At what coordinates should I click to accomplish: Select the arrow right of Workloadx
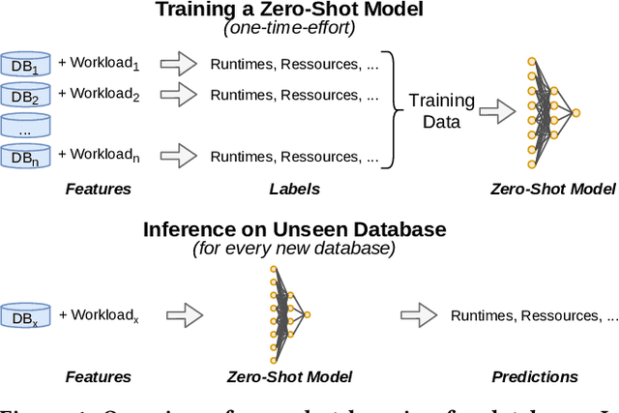point(183,315)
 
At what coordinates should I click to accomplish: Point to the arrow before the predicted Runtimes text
point(419,315)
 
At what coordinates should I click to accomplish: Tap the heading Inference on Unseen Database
point(294,230)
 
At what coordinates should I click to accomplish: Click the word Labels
point(294,190)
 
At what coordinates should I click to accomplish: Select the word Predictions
point(534,377)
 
